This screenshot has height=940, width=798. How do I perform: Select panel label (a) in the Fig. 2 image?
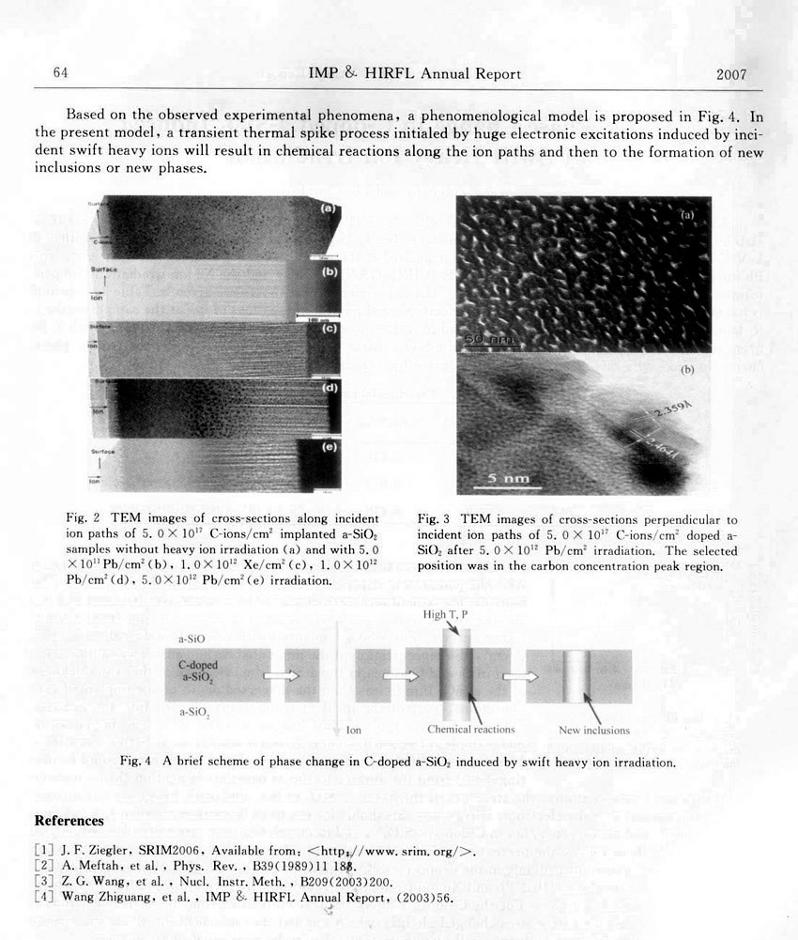(x=330, y=208)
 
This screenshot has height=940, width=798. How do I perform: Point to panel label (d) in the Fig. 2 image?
(x=329, y=388)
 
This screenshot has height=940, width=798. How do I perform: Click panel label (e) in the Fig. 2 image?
(x=329, y=448)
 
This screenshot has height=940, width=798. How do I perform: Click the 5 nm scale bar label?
(x=507, y=479)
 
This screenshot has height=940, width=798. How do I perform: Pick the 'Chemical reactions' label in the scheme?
(x=470, y=730)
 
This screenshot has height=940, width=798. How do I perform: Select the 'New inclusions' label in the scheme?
(x=594, y=730)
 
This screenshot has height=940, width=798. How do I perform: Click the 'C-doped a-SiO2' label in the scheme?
(x=198, y=670)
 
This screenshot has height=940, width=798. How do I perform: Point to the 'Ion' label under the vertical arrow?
(x=353, y=730)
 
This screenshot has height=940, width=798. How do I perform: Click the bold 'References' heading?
(x=69, y=821)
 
